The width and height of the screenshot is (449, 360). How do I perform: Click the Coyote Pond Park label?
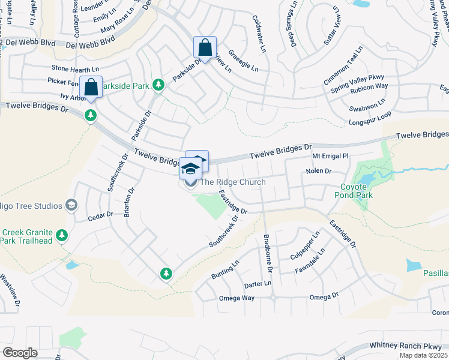(x=357, y=191)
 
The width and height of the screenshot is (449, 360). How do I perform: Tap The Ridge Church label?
(x=232, y=182)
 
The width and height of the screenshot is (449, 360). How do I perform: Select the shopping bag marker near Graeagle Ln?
(x=205, y=49)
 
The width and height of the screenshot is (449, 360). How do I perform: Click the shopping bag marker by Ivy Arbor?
(x=91, y=88)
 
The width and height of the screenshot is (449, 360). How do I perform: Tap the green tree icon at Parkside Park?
(x=158, y=85)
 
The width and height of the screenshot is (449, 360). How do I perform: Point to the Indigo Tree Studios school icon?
(x=72, y=205)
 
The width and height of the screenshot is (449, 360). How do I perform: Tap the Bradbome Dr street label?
(x=268, y=252)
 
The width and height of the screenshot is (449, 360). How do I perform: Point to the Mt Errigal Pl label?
(x=330, y=156)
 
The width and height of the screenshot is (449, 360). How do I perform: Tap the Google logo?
(x=20, y=352)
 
